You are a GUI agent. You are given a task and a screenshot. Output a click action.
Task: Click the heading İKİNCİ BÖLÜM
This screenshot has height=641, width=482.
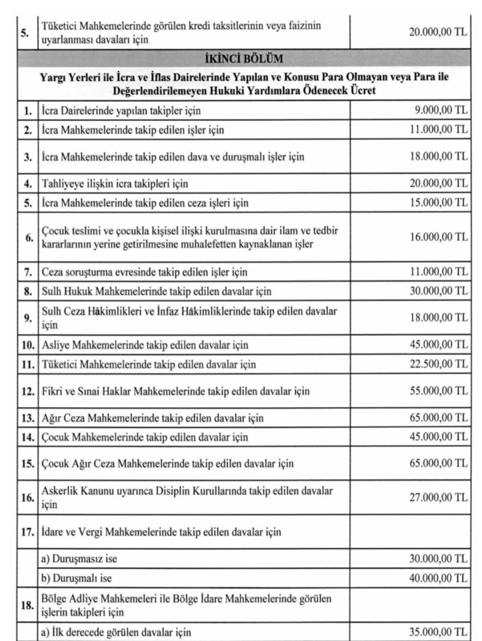244,58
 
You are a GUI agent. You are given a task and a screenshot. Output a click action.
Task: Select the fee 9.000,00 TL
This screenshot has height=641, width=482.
440,110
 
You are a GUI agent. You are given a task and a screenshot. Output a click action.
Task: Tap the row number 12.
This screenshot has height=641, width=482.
28,392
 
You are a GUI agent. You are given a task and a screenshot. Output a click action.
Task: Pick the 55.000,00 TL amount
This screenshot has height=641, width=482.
438,391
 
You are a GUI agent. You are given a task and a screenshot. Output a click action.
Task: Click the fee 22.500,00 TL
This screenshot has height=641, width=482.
438,364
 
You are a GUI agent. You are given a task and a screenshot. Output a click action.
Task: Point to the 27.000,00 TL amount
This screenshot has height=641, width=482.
438,497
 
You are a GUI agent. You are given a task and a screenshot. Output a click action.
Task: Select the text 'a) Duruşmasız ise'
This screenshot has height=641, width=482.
79,558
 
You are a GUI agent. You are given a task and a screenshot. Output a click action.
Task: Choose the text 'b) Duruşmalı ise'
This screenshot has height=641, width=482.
76,578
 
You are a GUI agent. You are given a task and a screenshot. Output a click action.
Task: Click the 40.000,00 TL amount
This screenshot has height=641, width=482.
438,578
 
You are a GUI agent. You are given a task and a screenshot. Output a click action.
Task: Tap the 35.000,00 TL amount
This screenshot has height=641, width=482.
438,632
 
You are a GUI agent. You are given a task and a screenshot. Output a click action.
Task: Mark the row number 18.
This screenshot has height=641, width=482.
28,605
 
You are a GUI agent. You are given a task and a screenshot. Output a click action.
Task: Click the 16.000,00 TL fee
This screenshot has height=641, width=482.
438,237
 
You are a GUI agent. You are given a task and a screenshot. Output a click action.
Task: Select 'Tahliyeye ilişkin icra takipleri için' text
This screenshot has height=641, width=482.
115,184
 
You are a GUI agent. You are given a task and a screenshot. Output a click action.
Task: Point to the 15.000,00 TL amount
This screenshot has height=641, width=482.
438,203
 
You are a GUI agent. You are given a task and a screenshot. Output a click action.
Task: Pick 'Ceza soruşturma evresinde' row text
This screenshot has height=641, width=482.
144,272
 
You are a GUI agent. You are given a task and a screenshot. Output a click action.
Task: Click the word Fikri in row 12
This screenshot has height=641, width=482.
51,392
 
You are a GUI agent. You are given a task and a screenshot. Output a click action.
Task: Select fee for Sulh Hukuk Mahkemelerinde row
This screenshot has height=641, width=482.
438,291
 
